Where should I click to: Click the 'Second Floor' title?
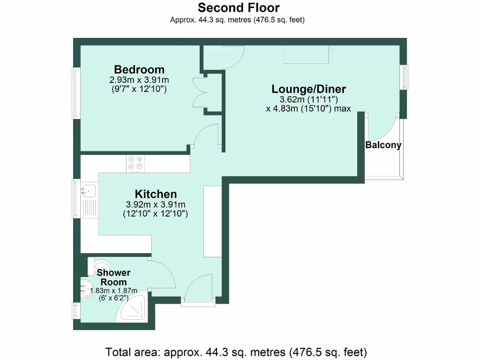[x=239, y=8]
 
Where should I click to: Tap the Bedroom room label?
[x=139, y=70]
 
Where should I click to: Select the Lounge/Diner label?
[x=309, y=89]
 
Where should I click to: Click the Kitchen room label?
[x=156, y=194]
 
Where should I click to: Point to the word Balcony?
[x=383, y=145]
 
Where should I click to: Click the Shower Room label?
[x=114, y=277]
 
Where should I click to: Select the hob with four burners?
[x=135, y=163]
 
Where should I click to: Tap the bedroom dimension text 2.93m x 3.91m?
[x=139, y=80]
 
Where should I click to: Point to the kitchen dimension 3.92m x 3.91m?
[x=156, y=205]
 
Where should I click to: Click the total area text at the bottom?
[x=236, y=351]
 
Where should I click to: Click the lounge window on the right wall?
[x=404, y=76]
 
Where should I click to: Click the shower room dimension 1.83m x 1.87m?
[x=114, y=291]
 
